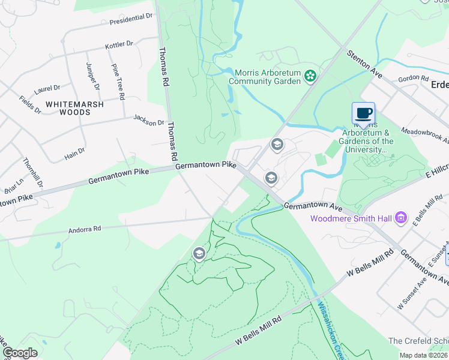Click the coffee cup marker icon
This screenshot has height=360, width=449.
363,113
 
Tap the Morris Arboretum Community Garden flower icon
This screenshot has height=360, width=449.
310,76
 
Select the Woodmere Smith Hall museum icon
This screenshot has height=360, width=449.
402,217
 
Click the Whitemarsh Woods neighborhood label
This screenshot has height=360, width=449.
75,108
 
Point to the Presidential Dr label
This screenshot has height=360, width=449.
131,18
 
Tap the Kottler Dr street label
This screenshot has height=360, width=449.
119,45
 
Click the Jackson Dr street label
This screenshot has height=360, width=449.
148,120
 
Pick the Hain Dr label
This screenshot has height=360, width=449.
74,154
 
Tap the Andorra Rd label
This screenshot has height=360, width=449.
84,229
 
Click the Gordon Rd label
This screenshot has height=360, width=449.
412,78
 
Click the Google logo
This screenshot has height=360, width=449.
19,353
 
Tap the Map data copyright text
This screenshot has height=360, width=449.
424,355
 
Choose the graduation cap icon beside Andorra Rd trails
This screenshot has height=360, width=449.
199,254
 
